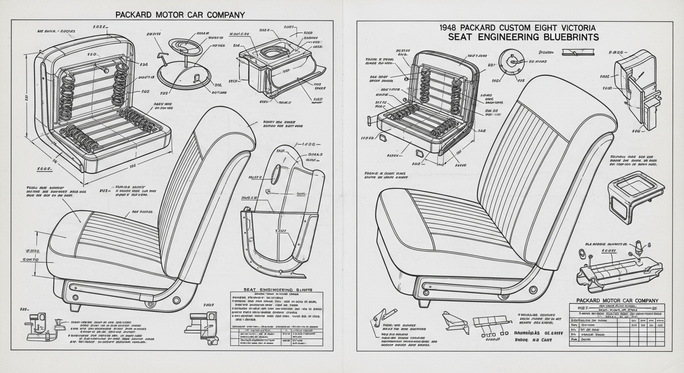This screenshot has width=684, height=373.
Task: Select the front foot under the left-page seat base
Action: pyautogui.click(x=74, y=307)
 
